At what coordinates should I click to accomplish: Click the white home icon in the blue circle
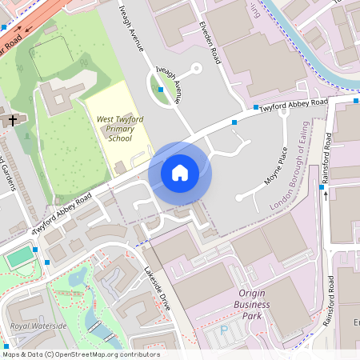(180, 172)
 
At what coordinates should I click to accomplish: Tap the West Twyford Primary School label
(119, 128)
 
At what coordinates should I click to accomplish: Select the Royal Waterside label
(38, 326)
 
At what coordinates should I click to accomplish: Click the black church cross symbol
(12, 121)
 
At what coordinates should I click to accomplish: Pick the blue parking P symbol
(224, 330)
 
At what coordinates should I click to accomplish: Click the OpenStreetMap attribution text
(81, 354)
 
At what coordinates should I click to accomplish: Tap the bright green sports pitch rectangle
(21, 257)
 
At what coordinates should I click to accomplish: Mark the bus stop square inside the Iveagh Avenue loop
(161, 90)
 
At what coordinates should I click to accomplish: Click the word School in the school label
(119, 138)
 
